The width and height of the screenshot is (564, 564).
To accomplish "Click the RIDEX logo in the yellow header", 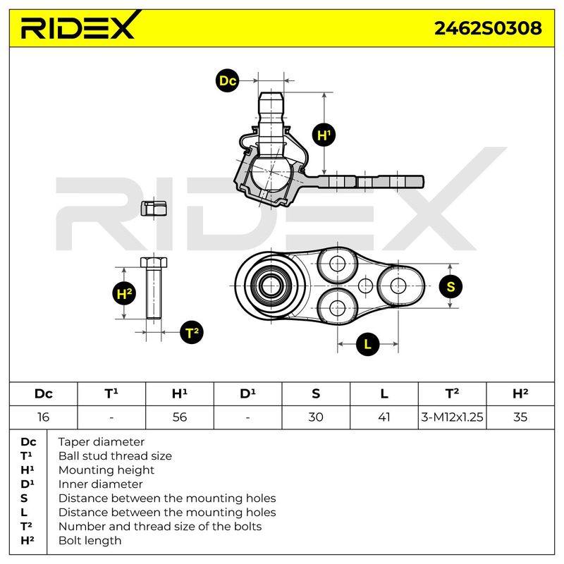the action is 80,25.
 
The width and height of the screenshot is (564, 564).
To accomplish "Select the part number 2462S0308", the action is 488,28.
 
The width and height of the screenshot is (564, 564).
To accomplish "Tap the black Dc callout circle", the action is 227,80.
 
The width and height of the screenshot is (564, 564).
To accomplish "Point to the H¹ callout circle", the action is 324,135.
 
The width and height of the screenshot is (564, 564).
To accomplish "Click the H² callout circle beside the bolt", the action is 124,293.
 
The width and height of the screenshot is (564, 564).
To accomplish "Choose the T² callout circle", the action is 192,332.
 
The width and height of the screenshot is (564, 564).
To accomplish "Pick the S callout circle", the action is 450,286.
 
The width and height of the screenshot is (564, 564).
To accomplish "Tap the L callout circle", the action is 367,344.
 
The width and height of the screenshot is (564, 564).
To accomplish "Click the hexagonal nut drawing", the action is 154,208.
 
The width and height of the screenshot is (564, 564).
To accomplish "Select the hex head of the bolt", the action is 154,262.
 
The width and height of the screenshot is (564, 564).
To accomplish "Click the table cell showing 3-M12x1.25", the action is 452,417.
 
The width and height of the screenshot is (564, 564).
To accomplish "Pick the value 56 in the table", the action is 180,417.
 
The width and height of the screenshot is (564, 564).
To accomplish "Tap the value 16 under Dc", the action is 43,417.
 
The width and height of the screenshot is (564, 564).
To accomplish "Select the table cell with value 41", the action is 384,417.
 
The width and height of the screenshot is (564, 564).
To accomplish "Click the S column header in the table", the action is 316,394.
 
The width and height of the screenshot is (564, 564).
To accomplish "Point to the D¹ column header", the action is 247,393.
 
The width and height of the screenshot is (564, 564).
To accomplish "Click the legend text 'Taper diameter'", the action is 101,442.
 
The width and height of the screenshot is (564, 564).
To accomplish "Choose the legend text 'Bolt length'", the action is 90,541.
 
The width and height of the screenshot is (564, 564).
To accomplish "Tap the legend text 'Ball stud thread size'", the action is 115,456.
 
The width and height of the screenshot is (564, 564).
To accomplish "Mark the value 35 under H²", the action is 520,417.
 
